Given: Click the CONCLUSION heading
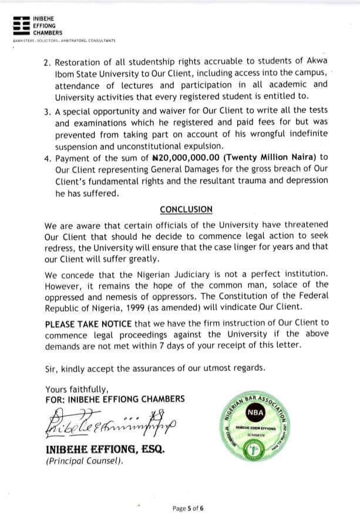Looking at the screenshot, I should [x=186, y=209].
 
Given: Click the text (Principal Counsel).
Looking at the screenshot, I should [x=85, y=462].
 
